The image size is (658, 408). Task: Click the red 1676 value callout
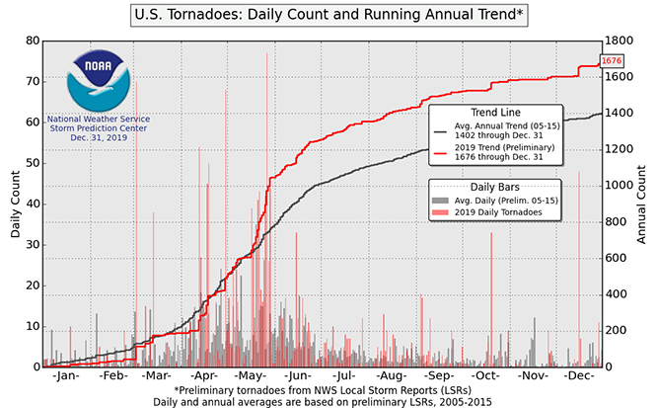[x=612, y=60]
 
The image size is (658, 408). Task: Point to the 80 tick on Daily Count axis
[x=33, y=41]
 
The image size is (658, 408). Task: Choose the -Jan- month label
[x=66, y=377]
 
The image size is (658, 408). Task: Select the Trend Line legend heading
[x=496, y=113]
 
